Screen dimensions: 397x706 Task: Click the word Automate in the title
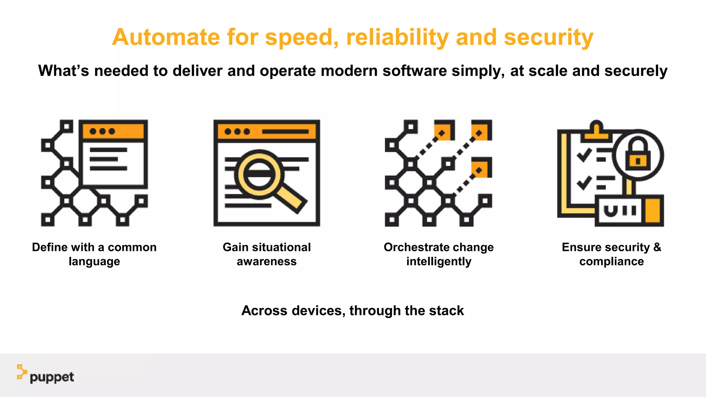coord(166,37)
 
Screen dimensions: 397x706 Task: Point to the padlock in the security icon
coord(638,155)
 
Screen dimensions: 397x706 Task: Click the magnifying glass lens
coord(259,174)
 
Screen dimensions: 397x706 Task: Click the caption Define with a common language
coord(94,254)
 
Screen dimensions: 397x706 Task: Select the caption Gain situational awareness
coord(266,254)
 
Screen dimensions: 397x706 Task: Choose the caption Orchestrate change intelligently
coord(438,254)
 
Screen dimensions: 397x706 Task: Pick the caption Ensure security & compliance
coord(611,254)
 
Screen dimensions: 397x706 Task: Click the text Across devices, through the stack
coord(352,311)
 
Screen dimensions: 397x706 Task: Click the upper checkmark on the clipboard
coord(584,155)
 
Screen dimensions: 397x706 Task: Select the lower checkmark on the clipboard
coord(584,183)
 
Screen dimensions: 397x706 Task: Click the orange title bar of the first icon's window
coord(113,131)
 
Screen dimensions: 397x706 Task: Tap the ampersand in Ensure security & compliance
coord(657,247)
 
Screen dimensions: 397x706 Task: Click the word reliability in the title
coord(397,37)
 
